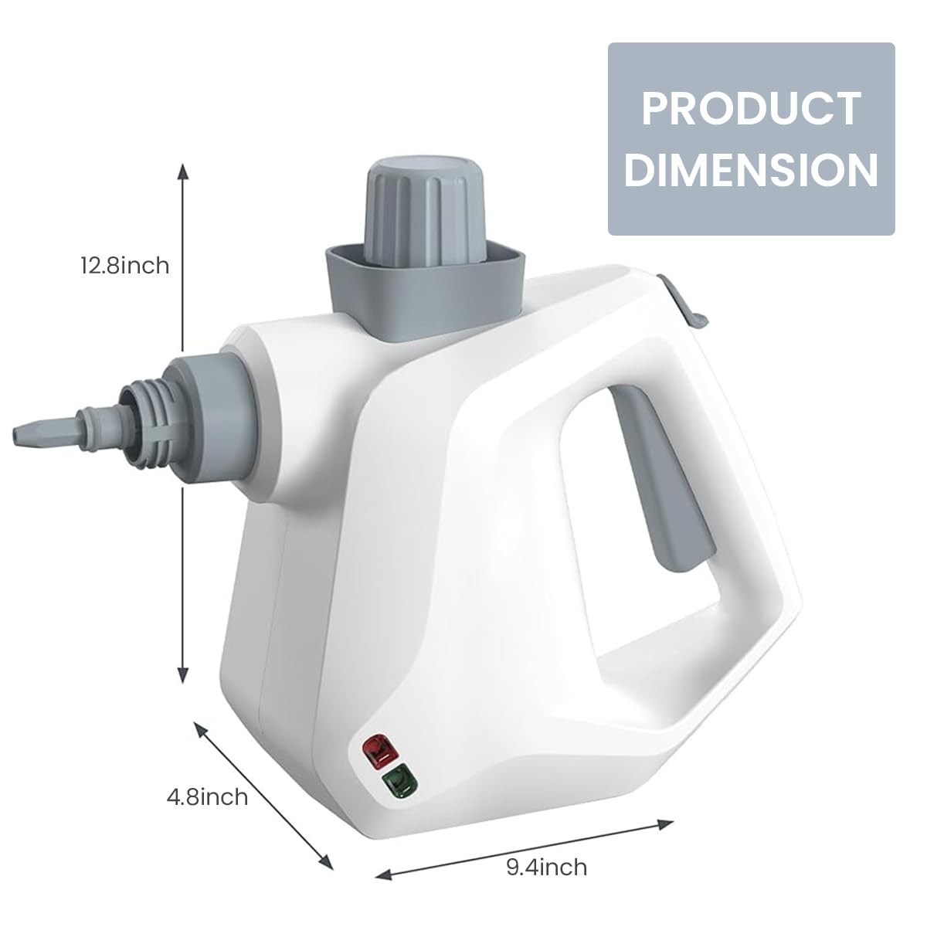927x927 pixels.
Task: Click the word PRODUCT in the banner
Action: click(x=751, y=108)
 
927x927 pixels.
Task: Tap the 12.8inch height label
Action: click(x=124, y=265)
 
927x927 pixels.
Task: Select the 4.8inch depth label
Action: click(x=208, y=796)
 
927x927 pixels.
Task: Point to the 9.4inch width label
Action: click(x=546, y=867)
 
